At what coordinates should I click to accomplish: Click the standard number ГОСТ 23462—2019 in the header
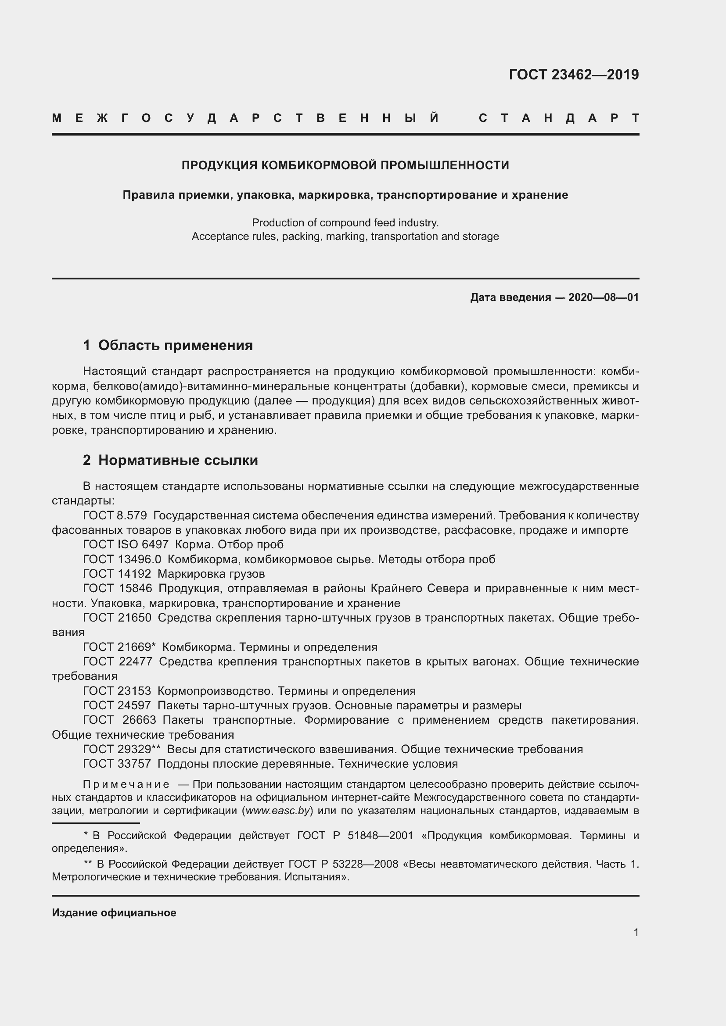574,75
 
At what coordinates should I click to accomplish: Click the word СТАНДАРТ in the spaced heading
559,118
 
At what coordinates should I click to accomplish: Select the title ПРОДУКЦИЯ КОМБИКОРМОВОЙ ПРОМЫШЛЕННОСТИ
345,165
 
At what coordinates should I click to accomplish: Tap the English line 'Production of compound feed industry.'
345,222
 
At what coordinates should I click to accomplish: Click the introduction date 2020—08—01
604,297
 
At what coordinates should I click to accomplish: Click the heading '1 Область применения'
168,345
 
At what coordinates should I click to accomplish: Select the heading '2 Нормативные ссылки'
170,460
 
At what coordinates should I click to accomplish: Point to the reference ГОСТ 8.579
115,516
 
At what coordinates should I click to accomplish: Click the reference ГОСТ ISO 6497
126,545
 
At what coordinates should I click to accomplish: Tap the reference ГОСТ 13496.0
122,559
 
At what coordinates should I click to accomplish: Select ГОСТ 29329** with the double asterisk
122,749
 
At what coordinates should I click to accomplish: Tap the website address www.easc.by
278,811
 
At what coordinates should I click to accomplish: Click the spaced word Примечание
126,785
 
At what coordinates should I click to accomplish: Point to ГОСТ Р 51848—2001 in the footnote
356,836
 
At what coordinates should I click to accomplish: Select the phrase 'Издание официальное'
114,913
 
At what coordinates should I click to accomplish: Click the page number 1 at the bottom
636,932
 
